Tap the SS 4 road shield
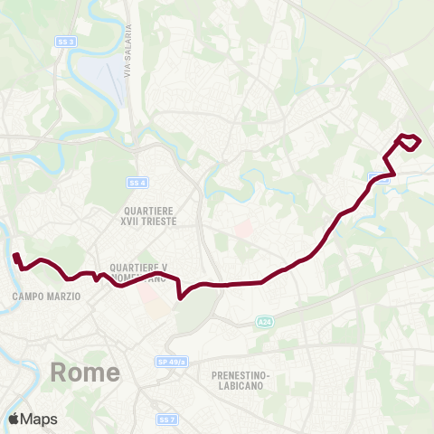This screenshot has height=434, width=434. point(137,183)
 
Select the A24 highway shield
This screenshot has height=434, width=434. point(263,320)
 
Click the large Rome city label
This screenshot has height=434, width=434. point(86,372)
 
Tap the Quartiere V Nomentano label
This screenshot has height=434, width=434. point(139,273)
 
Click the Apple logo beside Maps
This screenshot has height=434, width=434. point(14,419)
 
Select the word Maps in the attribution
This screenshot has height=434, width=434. point(39,419)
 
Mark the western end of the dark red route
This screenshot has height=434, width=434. point(15,256)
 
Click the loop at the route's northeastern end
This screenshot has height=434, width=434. point(409,142)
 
